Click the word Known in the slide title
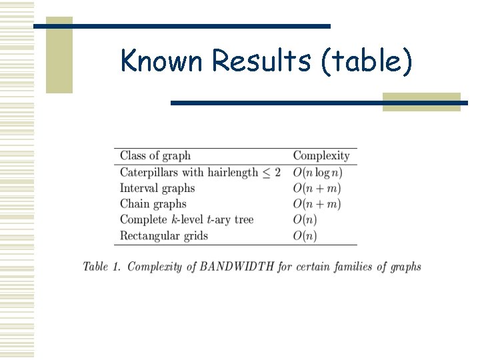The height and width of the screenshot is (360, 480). tap(162, 61)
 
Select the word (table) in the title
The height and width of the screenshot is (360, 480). tap(367, 62)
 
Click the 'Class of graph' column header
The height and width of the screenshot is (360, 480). tap(155, 156)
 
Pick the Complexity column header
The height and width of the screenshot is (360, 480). tap(321, 156)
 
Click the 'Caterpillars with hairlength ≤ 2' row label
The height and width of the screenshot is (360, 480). tap(200, 172)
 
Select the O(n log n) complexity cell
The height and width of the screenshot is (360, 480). tap(318, 172)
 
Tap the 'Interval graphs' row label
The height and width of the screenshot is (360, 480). tap(157, 188)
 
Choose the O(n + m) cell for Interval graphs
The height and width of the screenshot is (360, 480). tap(317, 188)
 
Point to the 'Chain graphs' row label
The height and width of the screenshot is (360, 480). tap(153, 204)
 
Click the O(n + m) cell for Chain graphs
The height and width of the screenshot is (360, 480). tap(317, 204)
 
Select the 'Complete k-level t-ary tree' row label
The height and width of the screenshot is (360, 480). tap(187, 219)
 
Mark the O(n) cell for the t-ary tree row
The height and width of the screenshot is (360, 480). tap(305, 219)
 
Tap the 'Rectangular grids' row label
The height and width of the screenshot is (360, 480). tap(164, 235)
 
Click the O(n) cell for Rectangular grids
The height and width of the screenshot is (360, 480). tap(305, 235)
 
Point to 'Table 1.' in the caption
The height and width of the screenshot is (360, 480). tap(101, 267)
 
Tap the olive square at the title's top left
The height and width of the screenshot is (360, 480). tap(59, 55)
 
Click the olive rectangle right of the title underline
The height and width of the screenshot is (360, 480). tap(421, 101)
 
